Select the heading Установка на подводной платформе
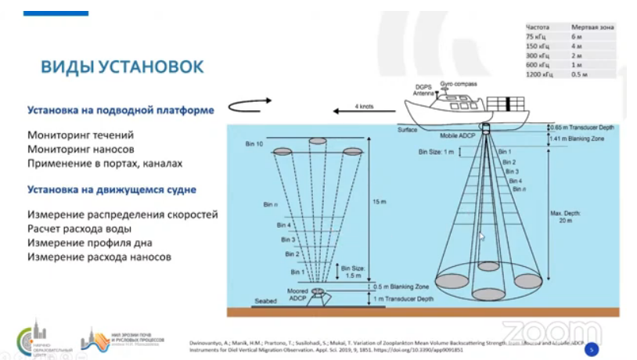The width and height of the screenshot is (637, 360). (121, 110)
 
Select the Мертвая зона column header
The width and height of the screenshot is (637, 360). (592, 27)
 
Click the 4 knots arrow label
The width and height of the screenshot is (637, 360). (365, 105)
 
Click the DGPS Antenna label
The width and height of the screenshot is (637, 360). (423, 90)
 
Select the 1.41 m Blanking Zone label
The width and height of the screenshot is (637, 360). (580, 138)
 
